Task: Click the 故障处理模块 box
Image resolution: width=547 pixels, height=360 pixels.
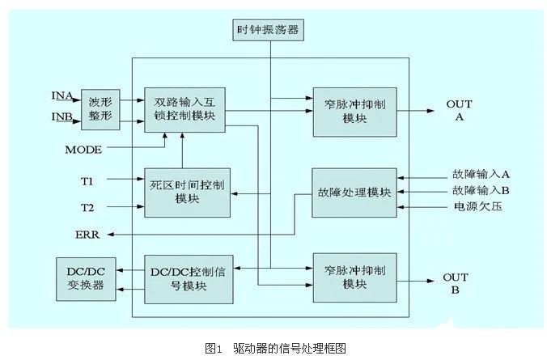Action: [354, 192]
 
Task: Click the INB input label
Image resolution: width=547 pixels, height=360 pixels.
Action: [61, 118]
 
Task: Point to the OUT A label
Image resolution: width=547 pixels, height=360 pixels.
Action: [459, 110]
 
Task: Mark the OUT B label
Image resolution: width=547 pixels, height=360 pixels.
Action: [456, 283]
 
